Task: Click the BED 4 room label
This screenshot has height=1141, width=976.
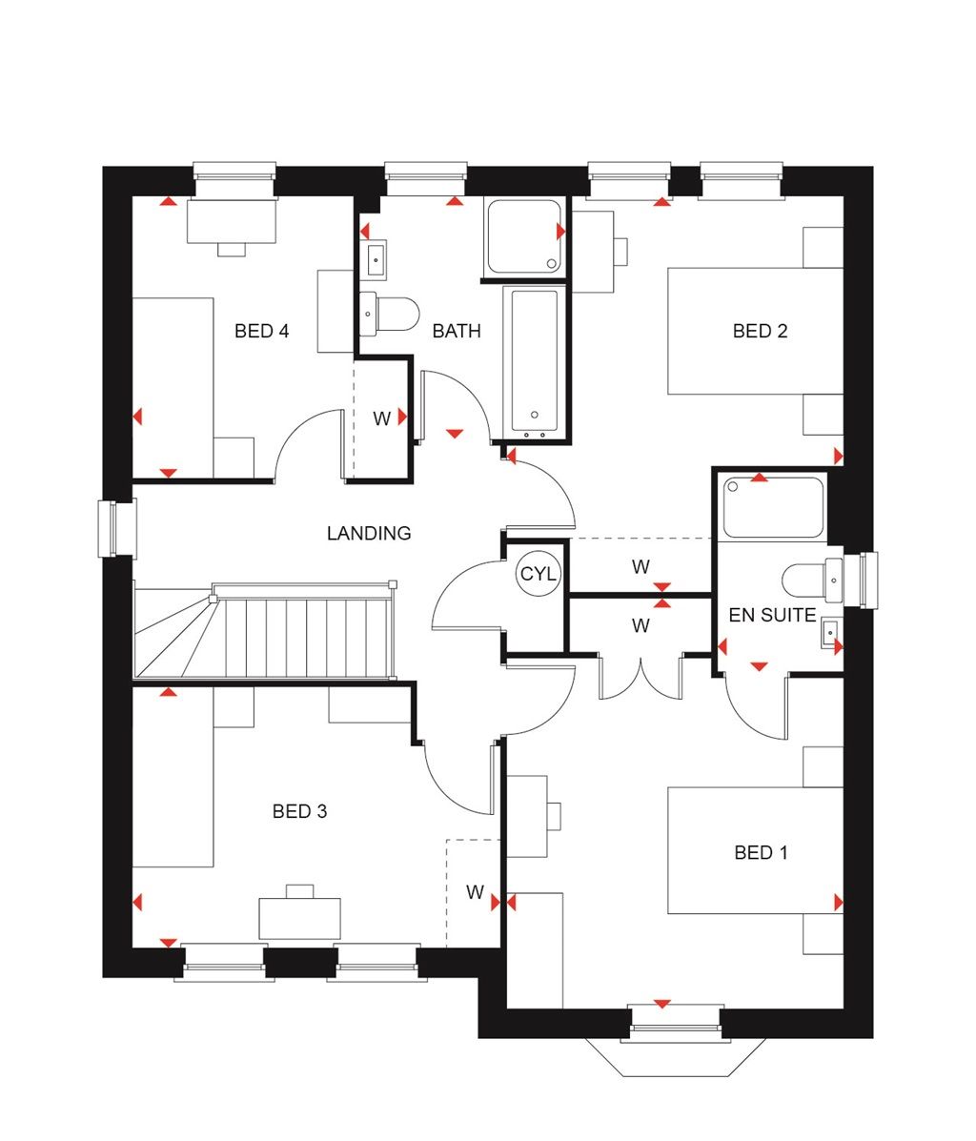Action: click(261, 332)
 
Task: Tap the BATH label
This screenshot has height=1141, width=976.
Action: click(457, 332)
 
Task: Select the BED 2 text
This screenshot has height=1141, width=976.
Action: click(760, 332)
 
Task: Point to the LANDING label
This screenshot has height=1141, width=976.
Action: click(369, 534)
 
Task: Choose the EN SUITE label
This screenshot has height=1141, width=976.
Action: click(772, 616)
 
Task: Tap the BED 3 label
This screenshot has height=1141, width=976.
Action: click(299, 812)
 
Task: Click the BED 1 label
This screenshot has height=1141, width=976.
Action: click(761, 853)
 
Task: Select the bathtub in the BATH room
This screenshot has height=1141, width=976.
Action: click(534, 362)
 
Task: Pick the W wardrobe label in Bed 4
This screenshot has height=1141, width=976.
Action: click(381, 418)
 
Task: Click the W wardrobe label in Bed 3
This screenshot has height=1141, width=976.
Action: click(475, 893)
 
